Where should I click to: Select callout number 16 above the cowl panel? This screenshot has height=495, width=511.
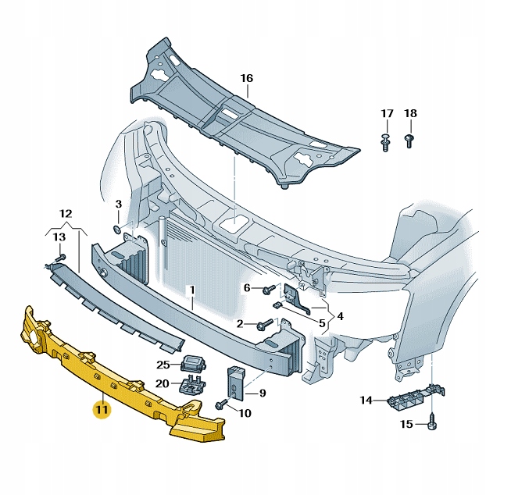(x=247, y=78)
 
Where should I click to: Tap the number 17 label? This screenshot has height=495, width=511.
(x=387, y=114)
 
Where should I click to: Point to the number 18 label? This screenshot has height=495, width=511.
(x=410, y=114)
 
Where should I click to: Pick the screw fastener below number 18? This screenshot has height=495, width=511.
(x=410, y=141)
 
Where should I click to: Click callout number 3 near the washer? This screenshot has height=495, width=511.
(x=119, y=205)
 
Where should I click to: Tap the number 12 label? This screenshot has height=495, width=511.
(x=66, y=213)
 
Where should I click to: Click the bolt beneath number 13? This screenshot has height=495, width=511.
(x=60, y=258)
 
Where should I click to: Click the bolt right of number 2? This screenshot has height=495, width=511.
(x=264, y=323)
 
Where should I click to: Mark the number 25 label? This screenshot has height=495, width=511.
(x=163, y=365)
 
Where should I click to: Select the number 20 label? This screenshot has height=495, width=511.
(x=163, y=383)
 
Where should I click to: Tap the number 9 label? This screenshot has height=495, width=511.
(x=263, y=394)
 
